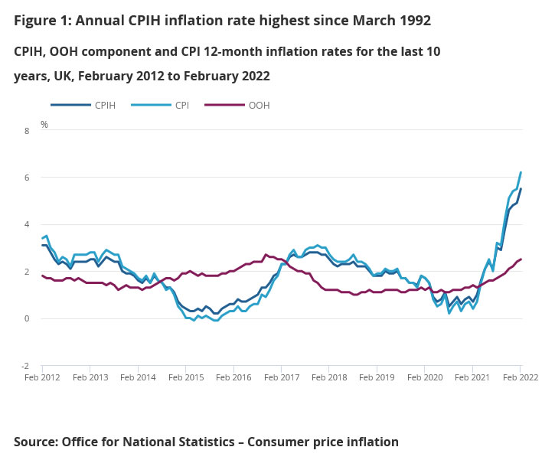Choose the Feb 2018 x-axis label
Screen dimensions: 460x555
tap(328, 378)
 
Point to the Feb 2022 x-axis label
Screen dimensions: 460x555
tap(519, 378)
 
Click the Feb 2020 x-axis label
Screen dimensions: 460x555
tap(424, 378)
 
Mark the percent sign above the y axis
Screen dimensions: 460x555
tap(44, 124)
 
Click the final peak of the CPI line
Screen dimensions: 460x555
tap(521, 172)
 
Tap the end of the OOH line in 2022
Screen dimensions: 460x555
tap(521, 259)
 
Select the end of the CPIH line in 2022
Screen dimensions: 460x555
tap(521, 188)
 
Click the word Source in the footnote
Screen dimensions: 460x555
tap(35, 442)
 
